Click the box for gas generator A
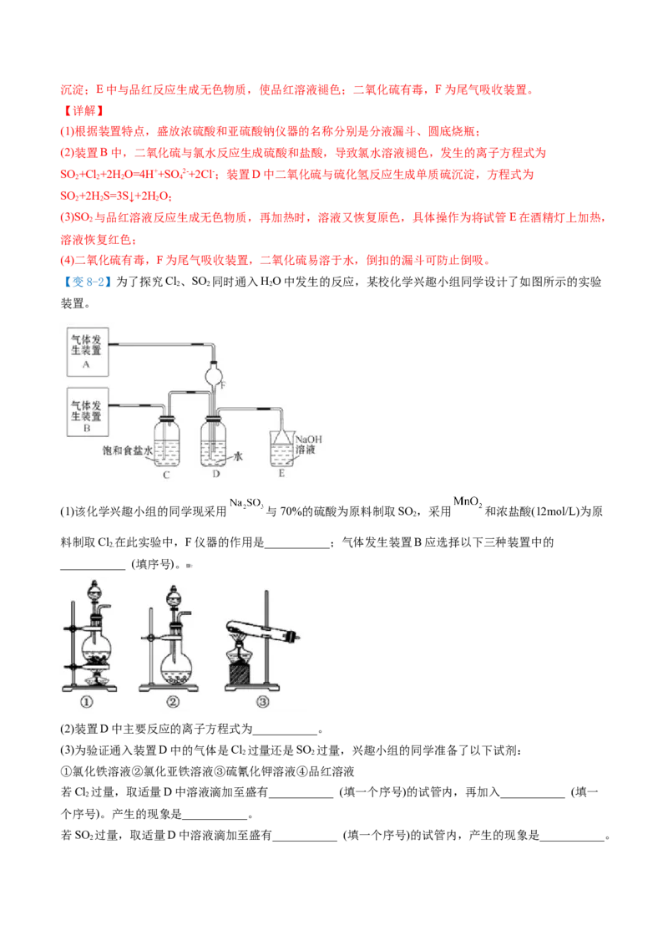[88, 352]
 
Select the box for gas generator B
[88, 412]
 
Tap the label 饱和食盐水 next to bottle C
[127, 450]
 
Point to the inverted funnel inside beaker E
[281, 437]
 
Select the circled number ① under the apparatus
[87, 702]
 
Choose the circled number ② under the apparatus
[172, 702]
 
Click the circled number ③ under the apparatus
[262, 702]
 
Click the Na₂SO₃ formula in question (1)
[246, 503]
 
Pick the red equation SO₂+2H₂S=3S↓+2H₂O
[116, 196]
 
